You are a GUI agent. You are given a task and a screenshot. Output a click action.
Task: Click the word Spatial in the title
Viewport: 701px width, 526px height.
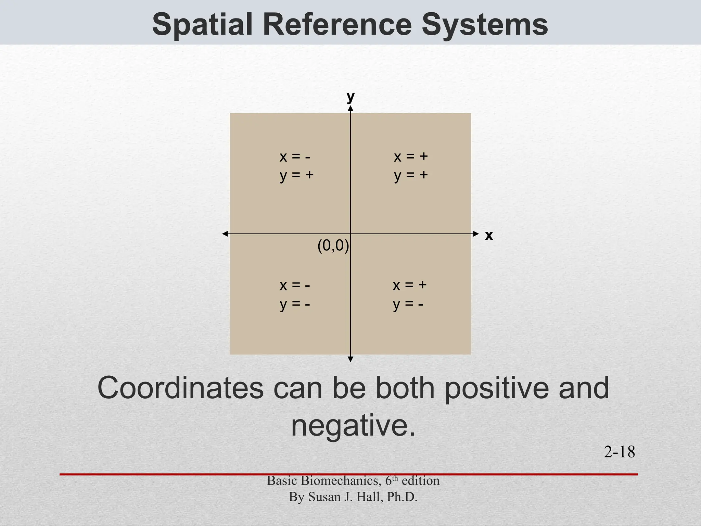(202, 25)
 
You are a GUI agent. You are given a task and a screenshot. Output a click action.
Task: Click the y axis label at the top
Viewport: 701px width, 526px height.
(350, 97)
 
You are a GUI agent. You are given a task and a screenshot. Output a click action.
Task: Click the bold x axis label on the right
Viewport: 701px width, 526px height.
(489, 236)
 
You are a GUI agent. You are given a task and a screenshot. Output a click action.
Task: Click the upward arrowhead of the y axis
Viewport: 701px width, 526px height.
(350, 109)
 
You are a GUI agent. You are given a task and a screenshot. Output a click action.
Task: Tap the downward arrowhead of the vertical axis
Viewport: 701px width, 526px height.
(350, 359)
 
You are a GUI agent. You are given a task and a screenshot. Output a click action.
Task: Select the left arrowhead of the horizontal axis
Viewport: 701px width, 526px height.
(225, 234)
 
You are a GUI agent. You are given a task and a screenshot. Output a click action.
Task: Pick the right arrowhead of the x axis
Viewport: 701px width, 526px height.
(476, 234)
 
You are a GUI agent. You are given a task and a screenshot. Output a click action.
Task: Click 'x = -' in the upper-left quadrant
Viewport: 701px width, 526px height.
(295, 157)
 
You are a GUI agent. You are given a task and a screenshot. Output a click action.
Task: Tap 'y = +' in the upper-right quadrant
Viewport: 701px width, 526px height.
(411, 175)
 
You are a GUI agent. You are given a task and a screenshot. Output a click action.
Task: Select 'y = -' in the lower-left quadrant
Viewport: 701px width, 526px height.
(295, 304)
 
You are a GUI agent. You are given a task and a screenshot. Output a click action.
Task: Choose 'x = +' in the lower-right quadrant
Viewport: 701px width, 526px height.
(409, 285)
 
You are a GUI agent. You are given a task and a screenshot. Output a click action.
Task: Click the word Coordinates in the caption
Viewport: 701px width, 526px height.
(180, 388)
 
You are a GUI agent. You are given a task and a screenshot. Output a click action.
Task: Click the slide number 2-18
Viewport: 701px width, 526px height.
(619, 452)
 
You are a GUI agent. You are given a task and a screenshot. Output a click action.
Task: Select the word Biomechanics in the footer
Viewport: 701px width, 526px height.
(341, 481)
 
